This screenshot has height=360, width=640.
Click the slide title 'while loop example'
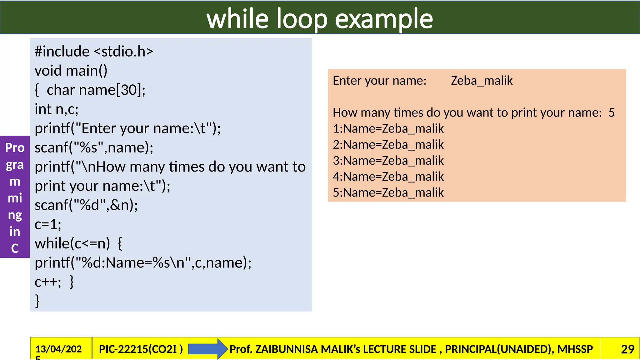pos(319,19)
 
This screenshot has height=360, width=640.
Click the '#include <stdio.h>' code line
pos(94,52)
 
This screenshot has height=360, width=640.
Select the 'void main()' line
pos(71,71)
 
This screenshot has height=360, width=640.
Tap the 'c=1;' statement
pos(48,224)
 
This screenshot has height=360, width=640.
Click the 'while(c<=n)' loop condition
pos(72,243)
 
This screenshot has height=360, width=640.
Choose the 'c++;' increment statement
pos(47,282)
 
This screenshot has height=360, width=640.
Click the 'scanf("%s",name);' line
pos(94,147)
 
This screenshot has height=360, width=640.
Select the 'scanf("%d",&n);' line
pos(86,205)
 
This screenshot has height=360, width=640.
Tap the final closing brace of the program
pos(37,301)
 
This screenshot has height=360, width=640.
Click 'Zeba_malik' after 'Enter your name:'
pos(482,81)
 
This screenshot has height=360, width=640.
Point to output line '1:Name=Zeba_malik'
pos(388,128)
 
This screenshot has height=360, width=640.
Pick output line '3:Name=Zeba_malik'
pos(388,161)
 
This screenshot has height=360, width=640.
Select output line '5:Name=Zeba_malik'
pos(388,192)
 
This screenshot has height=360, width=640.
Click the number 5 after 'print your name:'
pos(612,112)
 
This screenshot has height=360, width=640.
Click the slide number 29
pos(627,349)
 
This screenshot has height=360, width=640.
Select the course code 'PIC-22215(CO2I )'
pos(141,349)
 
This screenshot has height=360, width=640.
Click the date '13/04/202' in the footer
pos(58,349)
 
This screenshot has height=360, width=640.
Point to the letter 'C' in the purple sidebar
pos(15,248)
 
